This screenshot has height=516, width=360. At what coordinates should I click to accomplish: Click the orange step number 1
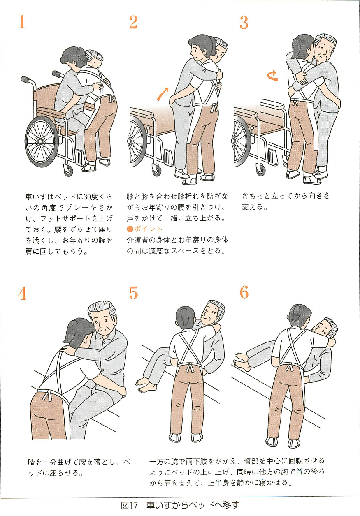(x=22, y=22)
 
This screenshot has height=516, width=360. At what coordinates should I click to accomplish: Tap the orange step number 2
(x=133, y=22)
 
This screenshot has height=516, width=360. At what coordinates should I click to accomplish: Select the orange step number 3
(x=244, y=23)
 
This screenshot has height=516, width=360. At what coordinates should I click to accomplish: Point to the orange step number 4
(x=22, y=293)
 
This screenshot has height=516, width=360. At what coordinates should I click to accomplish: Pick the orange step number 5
(x=133, y=293)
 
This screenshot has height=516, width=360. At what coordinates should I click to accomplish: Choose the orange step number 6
(x=244, y=293)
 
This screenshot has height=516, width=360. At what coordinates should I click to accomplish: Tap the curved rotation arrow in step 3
(x=272, y=75)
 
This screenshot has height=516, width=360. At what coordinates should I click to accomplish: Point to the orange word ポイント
(x=148, y=229)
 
